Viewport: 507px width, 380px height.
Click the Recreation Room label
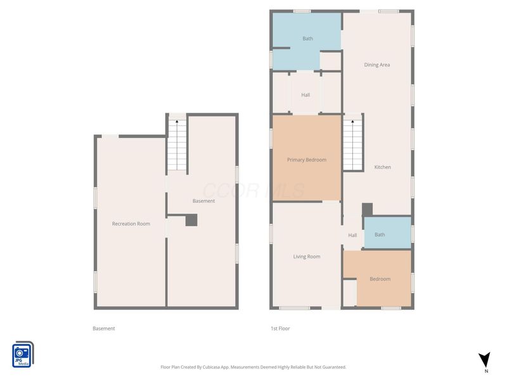click(x=131, y=224)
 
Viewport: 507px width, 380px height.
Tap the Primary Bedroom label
click(x=307, y=160)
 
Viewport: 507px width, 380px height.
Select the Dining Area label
click(x=376, y=65)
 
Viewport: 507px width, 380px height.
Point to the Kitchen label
click(x=383, y=167)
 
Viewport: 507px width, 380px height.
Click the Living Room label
click(x=307, y=256)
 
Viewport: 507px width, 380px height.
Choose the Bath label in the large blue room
click(x=307, y=39)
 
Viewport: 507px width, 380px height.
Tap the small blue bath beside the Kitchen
click(x=388, y=232)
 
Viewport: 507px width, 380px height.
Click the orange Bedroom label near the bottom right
click(x=380, y=279)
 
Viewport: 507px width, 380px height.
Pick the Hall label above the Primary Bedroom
click(x=305, y=94)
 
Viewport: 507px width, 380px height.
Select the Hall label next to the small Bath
click(x=352, y=235)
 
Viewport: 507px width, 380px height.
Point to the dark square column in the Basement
click(x=191, y=220)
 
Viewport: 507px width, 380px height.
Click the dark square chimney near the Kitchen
click(x=367, y=210)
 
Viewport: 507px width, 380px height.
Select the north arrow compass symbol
click(x=484, y=360)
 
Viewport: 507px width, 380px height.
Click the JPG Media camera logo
click(x=23, y=355)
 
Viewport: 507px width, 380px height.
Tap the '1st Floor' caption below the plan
click(x=280, y=328)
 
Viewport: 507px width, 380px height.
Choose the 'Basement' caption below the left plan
click(x=103, y=328)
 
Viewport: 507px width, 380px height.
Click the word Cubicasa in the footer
click(x=211, y=367)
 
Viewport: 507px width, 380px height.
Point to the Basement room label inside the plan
click(x=203, y=201)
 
